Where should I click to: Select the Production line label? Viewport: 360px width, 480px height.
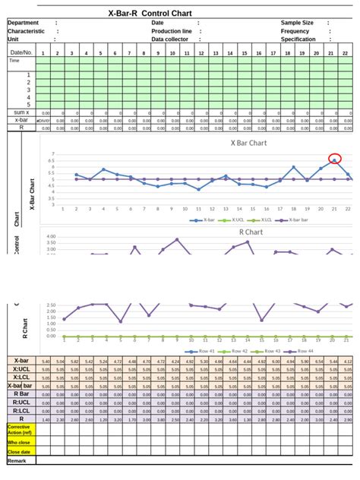tap(172, 31)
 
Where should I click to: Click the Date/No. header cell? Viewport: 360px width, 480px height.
tap(21, 52)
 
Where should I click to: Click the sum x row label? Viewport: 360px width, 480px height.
tap(21, 112)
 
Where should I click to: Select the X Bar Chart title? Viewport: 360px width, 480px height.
tap(248, 142)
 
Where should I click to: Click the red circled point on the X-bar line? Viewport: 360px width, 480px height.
tap(334, 159)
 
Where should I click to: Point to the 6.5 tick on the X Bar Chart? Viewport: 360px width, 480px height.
tap(52, 160)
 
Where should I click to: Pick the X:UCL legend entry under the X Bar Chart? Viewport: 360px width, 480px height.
tap(238, 219)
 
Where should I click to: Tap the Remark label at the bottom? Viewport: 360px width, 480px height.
tap(17, 460)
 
